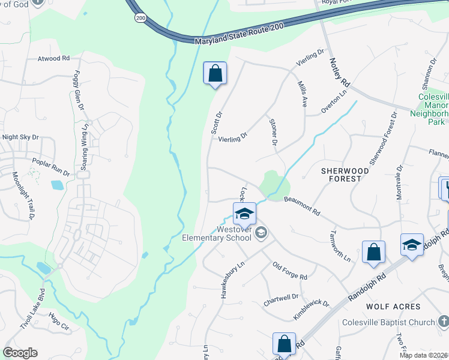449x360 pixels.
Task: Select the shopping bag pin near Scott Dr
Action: pos(215,74)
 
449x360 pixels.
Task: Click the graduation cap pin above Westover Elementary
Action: pos(244,214)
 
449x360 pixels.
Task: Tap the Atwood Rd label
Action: pos(53,59)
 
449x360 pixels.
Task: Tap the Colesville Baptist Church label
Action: pos(388,322)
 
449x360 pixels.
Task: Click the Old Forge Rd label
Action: pos(290,271)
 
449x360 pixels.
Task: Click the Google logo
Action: pos(20,353)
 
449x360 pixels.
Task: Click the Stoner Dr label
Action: pos(273,132)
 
